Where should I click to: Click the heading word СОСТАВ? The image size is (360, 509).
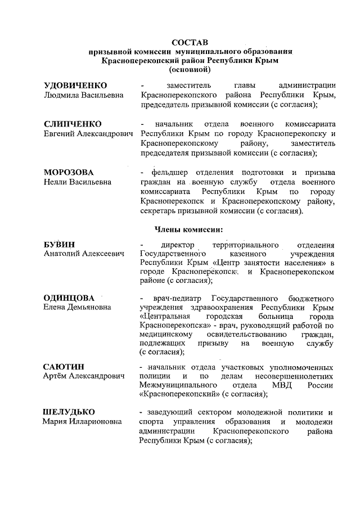pos(190,42)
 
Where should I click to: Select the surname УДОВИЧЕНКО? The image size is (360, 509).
pos(75,85)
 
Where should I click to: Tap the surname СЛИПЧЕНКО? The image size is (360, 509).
pos(73,123)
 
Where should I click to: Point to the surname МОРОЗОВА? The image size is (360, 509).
pos(69,171)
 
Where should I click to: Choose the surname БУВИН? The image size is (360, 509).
pos(59,245)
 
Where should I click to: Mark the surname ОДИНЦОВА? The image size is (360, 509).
pos(69,297)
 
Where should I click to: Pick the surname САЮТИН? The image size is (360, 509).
pos(64,367)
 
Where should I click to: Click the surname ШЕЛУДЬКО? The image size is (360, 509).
pos(69,412)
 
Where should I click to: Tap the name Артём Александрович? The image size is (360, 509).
pos(84,376)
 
